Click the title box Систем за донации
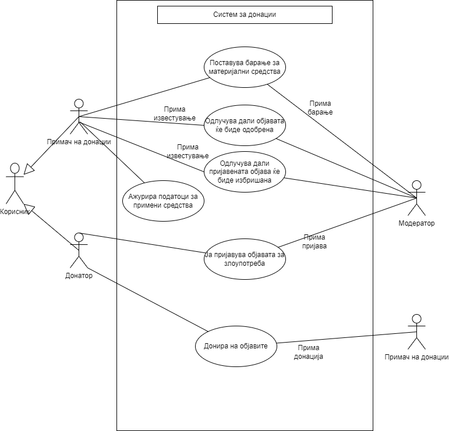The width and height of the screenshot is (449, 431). (x=245, y=15)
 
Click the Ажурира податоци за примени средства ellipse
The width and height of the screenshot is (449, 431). (x=163, y=201)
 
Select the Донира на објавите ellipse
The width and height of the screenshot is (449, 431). (x=236, y=346)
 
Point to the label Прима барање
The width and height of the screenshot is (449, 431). (x=321, y=108)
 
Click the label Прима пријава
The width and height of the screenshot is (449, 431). (x=314, y=241)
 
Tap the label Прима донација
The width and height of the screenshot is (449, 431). (x=309, y=352)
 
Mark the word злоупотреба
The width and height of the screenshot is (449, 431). (x=245, y=263)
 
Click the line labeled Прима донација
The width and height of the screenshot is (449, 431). (x=326, y=340)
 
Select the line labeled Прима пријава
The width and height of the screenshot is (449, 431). (x=326, y=230)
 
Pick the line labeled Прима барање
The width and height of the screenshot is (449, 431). (x=320, y=124)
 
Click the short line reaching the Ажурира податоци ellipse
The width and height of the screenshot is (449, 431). (x=130, y=169)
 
